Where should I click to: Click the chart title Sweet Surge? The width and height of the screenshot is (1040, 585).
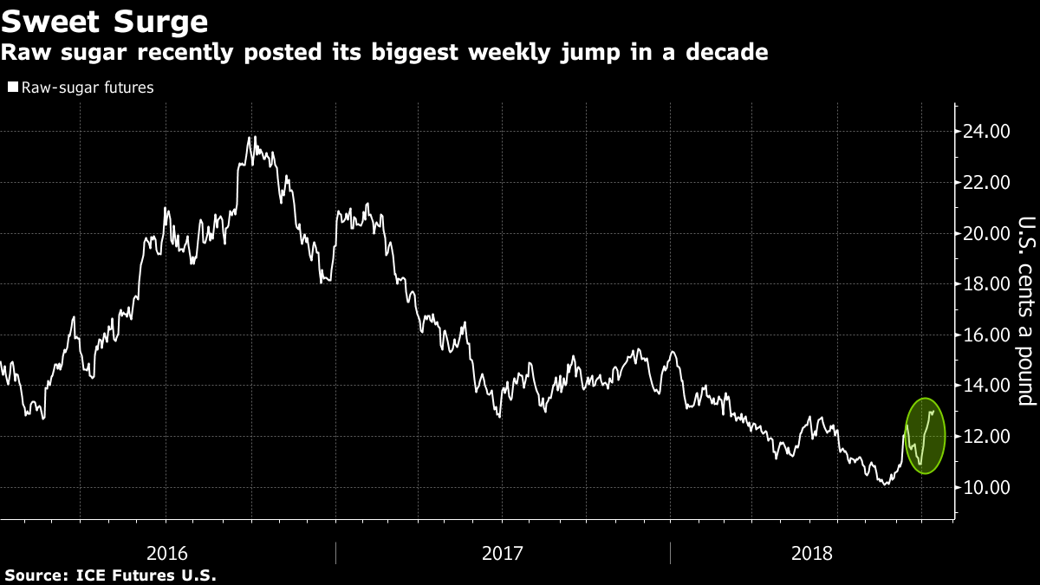pyautogui.click(x=105, y=20)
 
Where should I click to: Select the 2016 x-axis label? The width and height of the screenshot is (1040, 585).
pyautogui.click(x=168, y=552)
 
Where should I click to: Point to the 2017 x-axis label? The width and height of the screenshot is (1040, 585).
pyautogui.click(x=503, y=552)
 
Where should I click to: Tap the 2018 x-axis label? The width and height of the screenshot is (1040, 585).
pyautogui.click(x=813, y=552)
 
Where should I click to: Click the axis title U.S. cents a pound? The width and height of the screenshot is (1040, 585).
pyautogui.click(x=1026, y=310)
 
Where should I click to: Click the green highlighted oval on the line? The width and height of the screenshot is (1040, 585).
pyautogui.click(x=925, y=436)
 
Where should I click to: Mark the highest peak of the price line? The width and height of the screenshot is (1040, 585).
pyautogui.click(x=250, y=137)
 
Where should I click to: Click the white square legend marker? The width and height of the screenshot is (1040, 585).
pyautogui.click(x=12, y=88)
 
